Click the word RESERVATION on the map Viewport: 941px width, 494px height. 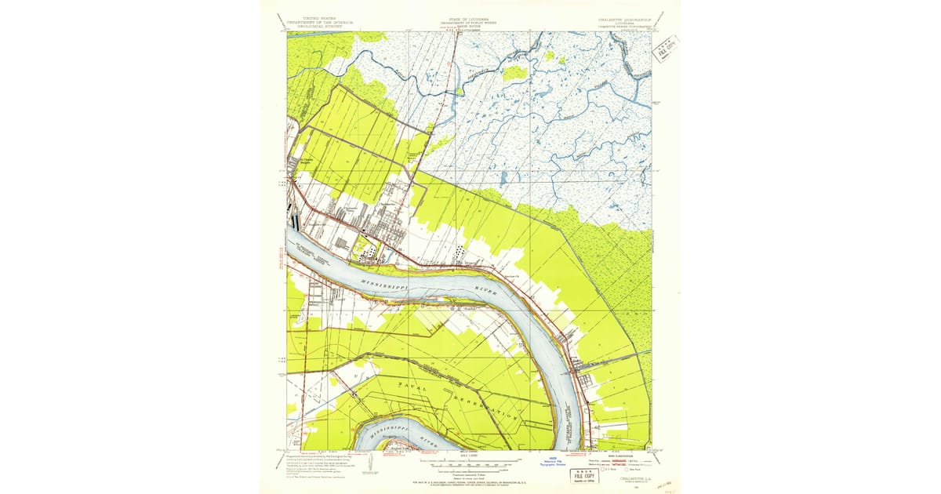pos(485,408)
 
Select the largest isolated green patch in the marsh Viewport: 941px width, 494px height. pos(515,73)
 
